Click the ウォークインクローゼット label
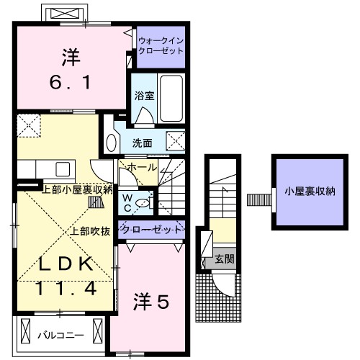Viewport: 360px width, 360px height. (161, 47)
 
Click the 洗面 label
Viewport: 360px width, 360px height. (142, 143)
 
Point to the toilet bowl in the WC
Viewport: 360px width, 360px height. (146, 204)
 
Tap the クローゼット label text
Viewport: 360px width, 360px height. (152, 230)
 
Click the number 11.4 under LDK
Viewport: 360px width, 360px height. (66, 289)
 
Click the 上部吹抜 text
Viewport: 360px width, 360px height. (90, 231)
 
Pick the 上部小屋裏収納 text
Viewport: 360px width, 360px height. (76, 190)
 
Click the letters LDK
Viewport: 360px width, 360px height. (66, 264)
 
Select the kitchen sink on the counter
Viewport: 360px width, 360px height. (60, 169)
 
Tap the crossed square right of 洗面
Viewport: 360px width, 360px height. (175, 140)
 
